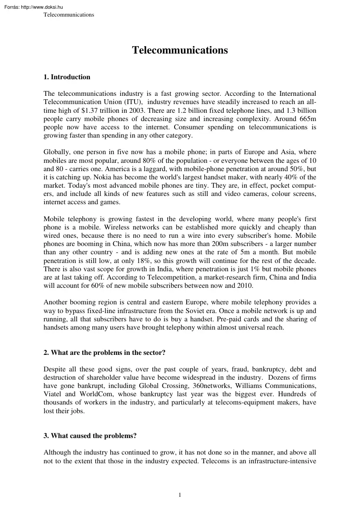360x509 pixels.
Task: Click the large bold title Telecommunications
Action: point(180,51)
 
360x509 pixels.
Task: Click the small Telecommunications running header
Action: point(69,15)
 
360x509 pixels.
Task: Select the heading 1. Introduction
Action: point(67,77)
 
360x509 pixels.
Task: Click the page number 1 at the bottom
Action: point(180,495)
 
